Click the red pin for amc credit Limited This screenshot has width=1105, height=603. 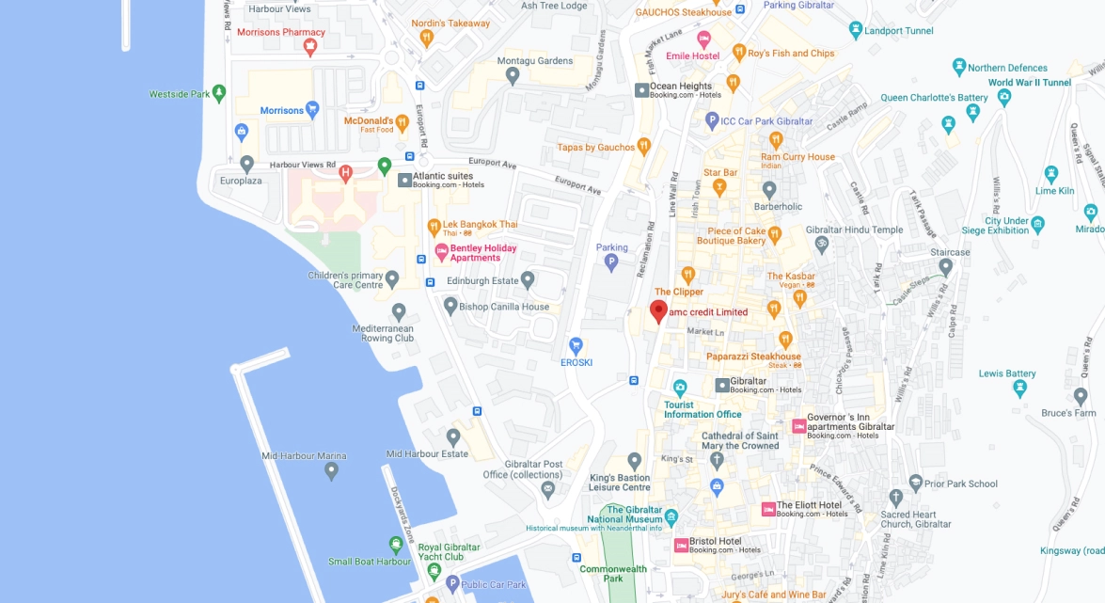click(658, 311)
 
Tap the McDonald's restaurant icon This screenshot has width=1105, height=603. click(403, 121)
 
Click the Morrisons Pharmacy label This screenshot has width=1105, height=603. click(280, 32)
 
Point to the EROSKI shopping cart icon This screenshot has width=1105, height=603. click(576, 345)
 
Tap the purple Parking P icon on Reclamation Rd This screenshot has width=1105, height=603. click(611, 262)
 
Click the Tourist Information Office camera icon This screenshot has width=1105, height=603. click(680, 388)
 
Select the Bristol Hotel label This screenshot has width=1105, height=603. click(715, 541)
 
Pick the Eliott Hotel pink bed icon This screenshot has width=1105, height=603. click(768, 509)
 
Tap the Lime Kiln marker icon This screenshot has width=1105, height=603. click(1051, 174)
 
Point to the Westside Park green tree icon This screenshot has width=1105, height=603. click(219, 93)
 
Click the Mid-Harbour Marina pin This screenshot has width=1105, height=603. click(331, 471)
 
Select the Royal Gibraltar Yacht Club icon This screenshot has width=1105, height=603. click(396, 544)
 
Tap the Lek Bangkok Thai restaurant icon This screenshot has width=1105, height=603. click(434, 226)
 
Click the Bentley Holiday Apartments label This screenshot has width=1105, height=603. click(482, 253)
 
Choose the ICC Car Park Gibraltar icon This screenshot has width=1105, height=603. click(713, 120)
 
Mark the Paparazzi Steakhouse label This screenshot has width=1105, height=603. click(753, 357)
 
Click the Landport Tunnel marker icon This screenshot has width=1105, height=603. click(855, 29)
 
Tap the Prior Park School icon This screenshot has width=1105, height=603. click(916, 483)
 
